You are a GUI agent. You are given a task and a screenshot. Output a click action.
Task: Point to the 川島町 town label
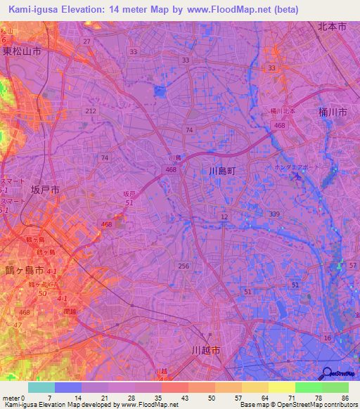click(225, 171)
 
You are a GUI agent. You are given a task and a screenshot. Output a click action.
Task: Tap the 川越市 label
click(206, 349)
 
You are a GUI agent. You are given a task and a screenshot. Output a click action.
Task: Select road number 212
click(90, 111)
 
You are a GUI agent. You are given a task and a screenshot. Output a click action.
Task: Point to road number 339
click(274, 214)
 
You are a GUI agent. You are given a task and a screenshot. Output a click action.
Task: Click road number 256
click(184, 265)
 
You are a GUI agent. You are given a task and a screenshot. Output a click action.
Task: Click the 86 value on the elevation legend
click(345, 398)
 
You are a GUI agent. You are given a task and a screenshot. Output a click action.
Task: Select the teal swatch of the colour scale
click(41, 387)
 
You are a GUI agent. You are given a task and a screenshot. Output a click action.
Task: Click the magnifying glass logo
click(328, 373)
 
